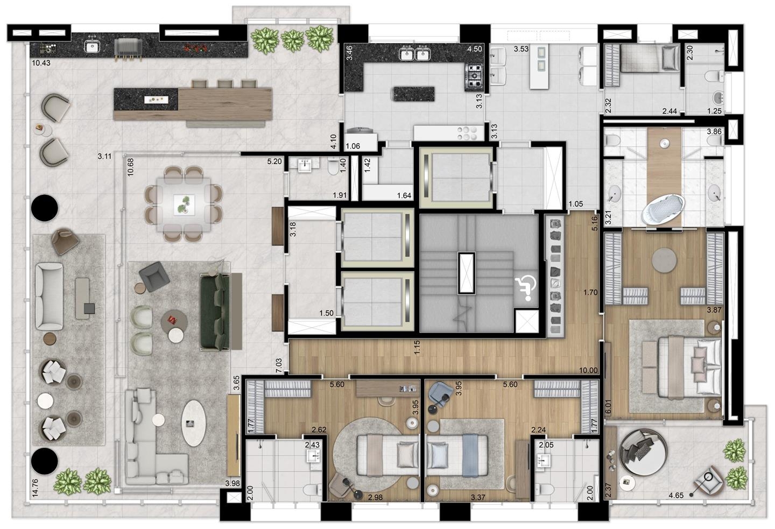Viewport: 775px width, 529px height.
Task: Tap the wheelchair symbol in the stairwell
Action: click(525, 288)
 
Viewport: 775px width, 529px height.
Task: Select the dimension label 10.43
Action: click(41, 63)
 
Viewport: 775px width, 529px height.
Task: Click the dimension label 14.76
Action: click(35, 488)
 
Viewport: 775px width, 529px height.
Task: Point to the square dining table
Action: click(184, 204)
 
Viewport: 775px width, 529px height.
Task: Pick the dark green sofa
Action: click(215, 312)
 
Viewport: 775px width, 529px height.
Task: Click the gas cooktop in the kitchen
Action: click(474, 76)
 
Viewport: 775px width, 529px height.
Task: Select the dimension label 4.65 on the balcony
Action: click(676, 495)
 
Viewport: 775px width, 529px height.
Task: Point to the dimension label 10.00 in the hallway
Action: click(588, 371)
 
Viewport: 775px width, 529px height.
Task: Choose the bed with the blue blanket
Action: click(457, 455)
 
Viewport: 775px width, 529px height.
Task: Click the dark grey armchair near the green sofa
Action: click(154, 277)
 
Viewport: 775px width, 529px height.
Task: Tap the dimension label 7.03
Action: click(279, 365)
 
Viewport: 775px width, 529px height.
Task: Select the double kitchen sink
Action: click(414, 54)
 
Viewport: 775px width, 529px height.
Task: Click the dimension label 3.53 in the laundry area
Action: click(521, 49)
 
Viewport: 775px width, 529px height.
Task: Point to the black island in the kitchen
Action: click(413, 94)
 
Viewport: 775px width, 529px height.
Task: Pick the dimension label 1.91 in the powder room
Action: click(340, 195)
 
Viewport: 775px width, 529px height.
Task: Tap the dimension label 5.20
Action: click(274, 161)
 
